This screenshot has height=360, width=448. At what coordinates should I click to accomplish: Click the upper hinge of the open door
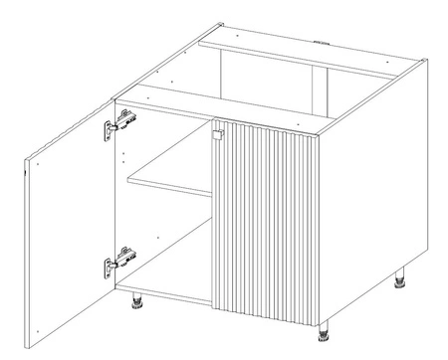click(120, 125)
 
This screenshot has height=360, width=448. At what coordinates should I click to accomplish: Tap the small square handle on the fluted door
click(213, 132)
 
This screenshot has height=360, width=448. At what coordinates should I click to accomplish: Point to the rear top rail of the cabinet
click(299, 47)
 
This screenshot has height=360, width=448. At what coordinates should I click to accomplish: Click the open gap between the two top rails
click(269, 75)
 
